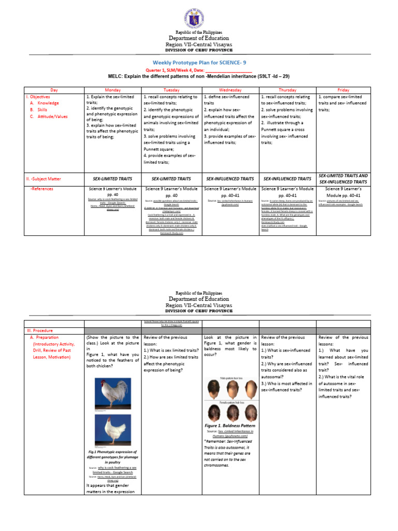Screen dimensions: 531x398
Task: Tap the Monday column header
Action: coord(113,90)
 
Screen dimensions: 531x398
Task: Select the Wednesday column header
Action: coord(230,90)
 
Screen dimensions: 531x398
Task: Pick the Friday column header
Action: coord(344,90)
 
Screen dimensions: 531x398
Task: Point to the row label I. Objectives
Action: coord(40,97)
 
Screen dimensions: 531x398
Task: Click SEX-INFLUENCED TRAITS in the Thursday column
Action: coord(287,178)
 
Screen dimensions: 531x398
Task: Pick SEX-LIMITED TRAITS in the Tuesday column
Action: coord(171,178)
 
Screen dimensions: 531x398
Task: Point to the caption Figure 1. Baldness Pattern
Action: coord(231,424)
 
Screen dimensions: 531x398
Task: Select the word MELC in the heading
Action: coord(117,76)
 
